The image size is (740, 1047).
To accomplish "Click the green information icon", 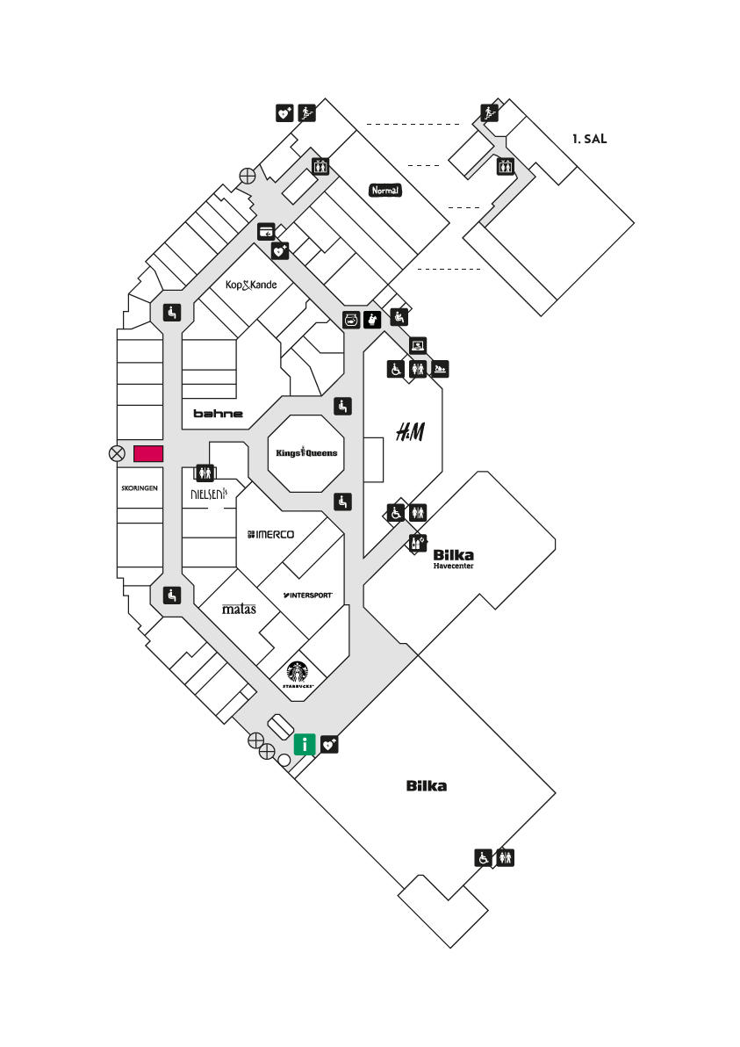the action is pos(305,744).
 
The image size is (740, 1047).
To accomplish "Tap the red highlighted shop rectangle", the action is pos(148,454).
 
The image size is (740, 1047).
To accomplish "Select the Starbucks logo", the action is pos(298,675).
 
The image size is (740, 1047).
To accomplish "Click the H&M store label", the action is pos(410,432).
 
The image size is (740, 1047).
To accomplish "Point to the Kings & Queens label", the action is pos(306,452).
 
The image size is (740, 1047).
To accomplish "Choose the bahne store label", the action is pos(219,414).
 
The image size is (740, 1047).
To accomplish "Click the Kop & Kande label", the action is pos(251,285).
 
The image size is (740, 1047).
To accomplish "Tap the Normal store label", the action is pos(385,191).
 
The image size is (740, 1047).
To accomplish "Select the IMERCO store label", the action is pos(270,534).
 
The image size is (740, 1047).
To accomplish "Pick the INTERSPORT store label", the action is pos(307,595).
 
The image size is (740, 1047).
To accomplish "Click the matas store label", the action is pos(239,609).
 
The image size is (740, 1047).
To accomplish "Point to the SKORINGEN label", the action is pos(140,488).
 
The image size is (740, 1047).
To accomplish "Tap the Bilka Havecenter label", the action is pos(454,559).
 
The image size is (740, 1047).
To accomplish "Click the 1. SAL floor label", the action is pos(589,139).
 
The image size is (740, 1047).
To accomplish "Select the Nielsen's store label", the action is pos(209,494).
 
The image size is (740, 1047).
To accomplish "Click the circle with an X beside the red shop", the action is pos(117,454).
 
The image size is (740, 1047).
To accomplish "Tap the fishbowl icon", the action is pos(352,320).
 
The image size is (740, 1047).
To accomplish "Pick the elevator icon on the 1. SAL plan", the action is pos(505,166).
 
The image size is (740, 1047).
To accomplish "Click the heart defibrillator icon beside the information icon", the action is pos(330,744).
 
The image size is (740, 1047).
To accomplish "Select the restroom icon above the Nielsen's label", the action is pos(205,473).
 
